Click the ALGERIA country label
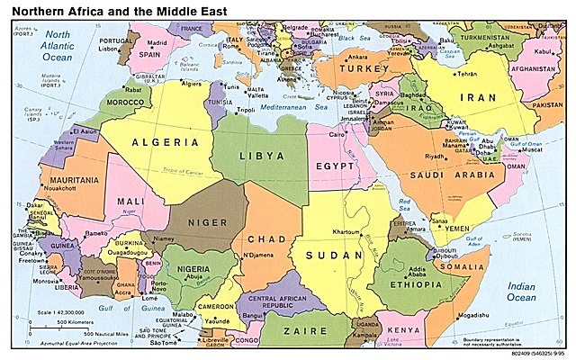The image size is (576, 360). (x=165, y=142)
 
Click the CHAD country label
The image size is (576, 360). (x=267, y=238)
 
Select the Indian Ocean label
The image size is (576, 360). (x=521, y=292)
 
